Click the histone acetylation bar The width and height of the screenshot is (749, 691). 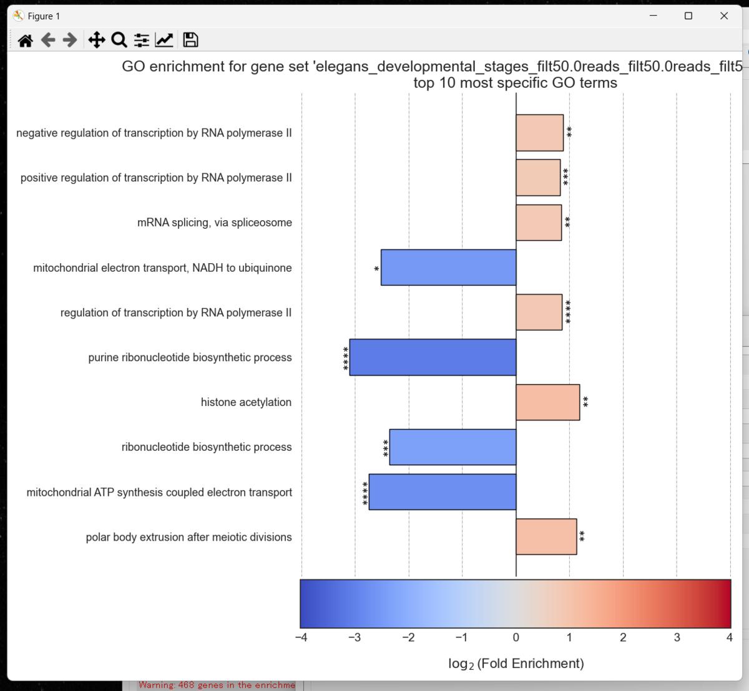[547, 402]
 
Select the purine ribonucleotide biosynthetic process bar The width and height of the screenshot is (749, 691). [433, 357]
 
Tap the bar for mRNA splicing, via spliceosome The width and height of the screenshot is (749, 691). [539, 223]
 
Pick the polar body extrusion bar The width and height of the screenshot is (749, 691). [546, 537]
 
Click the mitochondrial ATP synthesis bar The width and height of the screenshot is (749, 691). [443, 492]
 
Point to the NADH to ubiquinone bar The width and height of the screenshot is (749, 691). [448, 268]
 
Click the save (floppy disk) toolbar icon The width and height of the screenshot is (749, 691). [190, 40]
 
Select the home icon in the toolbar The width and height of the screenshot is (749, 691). [26, 41]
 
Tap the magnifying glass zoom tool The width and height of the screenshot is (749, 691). [119, 40]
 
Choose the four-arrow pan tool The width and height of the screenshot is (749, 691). [96, 40]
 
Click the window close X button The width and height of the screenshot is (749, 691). [724, 16]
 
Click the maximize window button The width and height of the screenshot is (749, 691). [688, 16]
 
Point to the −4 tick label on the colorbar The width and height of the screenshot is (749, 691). [301, 637]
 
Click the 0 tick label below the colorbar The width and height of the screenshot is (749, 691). [516, 637]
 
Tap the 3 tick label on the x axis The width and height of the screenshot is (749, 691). [677, 637]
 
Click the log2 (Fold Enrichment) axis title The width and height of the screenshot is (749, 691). [516, 664]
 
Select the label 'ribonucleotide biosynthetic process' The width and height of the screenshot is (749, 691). [207, 447]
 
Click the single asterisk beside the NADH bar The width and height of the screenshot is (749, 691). [376, 269]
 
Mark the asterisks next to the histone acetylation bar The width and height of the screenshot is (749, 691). [585, 402]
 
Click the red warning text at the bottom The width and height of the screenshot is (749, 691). [217, 685]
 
